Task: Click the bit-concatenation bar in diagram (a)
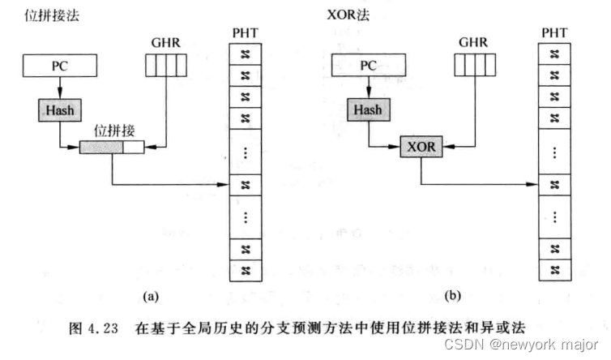pyautogui.click(x=112, y=147)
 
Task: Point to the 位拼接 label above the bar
pyautogui.click(x=113, y=130)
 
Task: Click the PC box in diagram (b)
pyautogui.click(x=368, y=63)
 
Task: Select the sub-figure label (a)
pyautogui.click(x=151, y=297)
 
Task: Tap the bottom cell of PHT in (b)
pyautogui.click(x=554, y=269)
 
